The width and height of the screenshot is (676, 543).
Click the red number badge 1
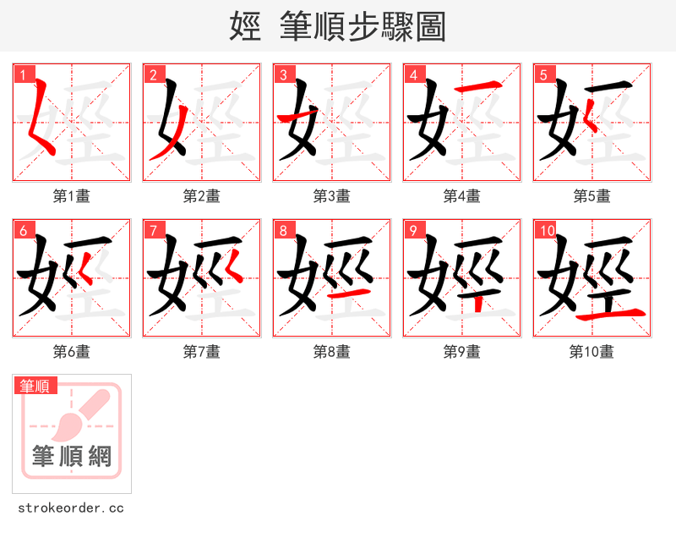tap(23, 74)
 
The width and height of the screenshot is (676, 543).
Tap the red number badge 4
tap(413, 74)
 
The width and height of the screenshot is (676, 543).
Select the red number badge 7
tap(153, 230)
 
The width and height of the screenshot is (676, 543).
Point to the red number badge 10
tap(547, 230)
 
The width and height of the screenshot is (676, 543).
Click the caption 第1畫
tap(71, 196)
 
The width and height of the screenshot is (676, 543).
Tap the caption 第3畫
tap(331, 196)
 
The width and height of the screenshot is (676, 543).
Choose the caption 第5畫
tap(591, 196)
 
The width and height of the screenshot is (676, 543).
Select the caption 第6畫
tap(71, 352)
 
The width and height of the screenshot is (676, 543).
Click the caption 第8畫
tap(331, 352)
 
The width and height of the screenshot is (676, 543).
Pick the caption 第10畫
tap(591, 352)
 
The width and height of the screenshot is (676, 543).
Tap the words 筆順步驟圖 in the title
tap(356, 27)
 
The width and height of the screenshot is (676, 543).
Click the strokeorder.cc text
tap(71, 508)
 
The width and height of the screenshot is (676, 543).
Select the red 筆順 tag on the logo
tap(35, 387)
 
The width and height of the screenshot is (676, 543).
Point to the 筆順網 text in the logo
tap(72, 457)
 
